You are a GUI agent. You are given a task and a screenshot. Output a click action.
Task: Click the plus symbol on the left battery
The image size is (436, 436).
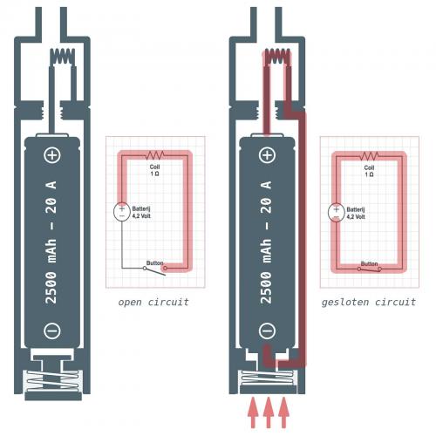click(52, 155)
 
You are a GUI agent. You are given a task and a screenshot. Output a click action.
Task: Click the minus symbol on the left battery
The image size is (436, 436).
click(52, 330)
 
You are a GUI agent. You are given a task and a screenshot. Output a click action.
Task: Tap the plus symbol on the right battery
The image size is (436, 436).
click(267, 155)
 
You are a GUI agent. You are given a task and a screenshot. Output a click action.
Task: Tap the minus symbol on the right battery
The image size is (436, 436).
click(267, 330)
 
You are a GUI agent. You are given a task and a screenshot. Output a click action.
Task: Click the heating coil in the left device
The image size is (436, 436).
click(63, 56)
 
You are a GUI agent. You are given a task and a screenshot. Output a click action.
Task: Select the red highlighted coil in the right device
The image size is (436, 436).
click(276, 56)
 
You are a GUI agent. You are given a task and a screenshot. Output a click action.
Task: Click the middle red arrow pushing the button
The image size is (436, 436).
click(269, 412)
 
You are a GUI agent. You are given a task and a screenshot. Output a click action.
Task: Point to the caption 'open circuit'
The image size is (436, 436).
click(153, 303)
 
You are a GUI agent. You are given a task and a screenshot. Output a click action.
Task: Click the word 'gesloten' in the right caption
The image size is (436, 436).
click(345, 303)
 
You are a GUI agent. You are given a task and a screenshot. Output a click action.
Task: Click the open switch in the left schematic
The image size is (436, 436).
click(155, 270)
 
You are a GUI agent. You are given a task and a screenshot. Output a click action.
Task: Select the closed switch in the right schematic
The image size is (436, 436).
click(369, 269)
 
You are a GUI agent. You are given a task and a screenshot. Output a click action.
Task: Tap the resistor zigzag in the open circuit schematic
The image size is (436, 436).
click(154, 155)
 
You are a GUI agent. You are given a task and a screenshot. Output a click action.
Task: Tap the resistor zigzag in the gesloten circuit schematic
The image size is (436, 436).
click(369, 156)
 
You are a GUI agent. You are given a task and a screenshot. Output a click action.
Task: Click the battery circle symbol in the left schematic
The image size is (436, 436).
click(122, 212)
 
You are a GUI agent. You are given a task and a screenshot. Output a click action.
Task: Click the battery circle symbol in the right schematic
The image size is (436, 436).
click(337, 213)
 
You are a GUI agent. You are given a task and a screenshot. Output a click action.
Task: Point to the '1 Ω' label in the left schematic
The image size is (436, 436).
click(154, 174)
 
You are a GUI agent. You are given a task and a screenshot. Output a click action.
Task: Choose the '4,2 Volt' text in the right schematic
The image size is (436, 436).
click(356, 217)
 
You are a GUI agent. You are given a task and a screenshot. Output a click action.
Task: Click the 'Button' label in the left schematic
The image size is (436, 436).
click(154, 263)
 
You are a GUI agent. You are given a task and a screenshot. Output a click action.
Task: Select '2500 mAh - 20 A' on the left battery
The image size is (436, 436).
click(51, 242)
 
